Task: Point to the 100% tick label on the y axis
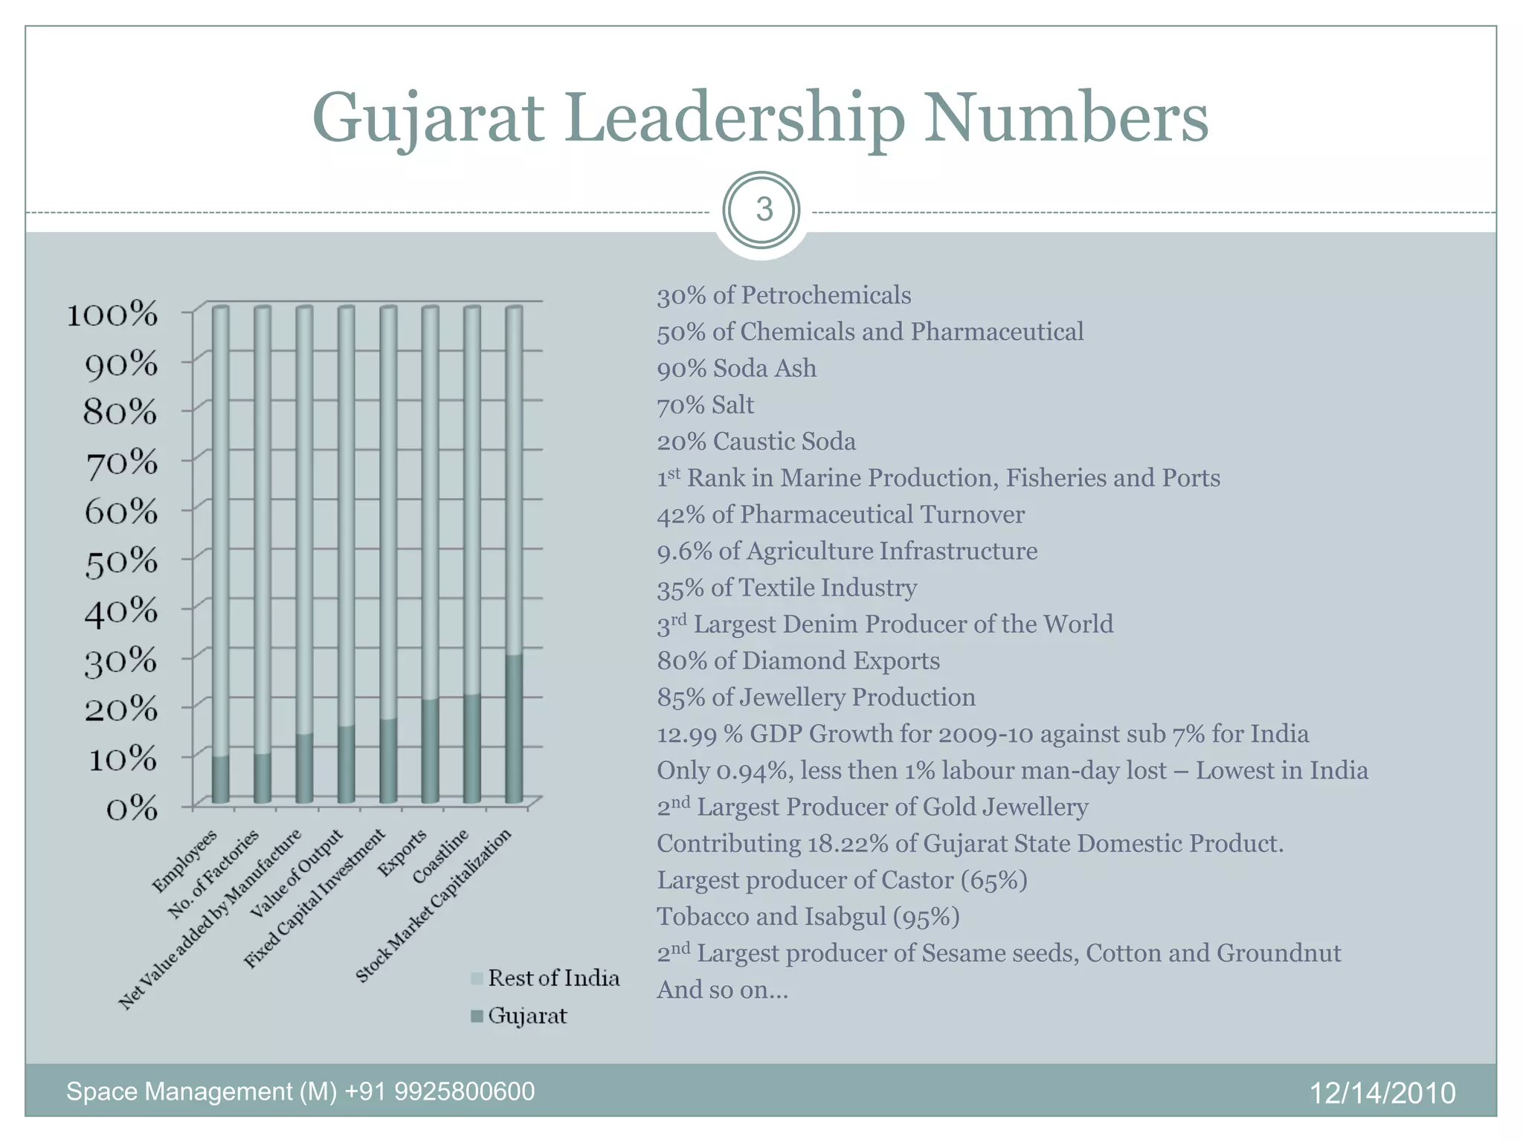(x=113, y=315)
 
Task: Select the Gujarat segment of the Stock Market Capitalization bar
(x=514, y=729)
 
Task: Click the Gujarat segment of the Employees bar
(x=220, y=779)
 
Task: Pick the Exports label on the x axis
(x=404, y=852)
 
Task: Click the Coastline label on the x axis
(x=442, y=856)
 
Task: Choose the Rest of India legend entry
(x=553, y=978)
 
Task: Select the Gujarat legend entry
(x=527, y=1016)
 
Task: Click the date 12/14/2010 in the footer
(x=1382, y=1093)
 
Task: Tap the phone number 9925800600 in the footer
(x=464, y=1091)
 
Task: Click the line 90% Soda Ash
(x=736, y=369)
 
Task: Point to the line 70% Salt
(x=705, y=405)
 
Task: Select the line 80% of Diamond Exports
(x=798, y=661)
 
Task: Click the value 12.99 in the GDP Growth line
(x=686, y=735)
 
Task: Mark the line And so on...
(x=721, y=990)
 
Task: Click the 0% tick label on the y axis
(x=132, y=809)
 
